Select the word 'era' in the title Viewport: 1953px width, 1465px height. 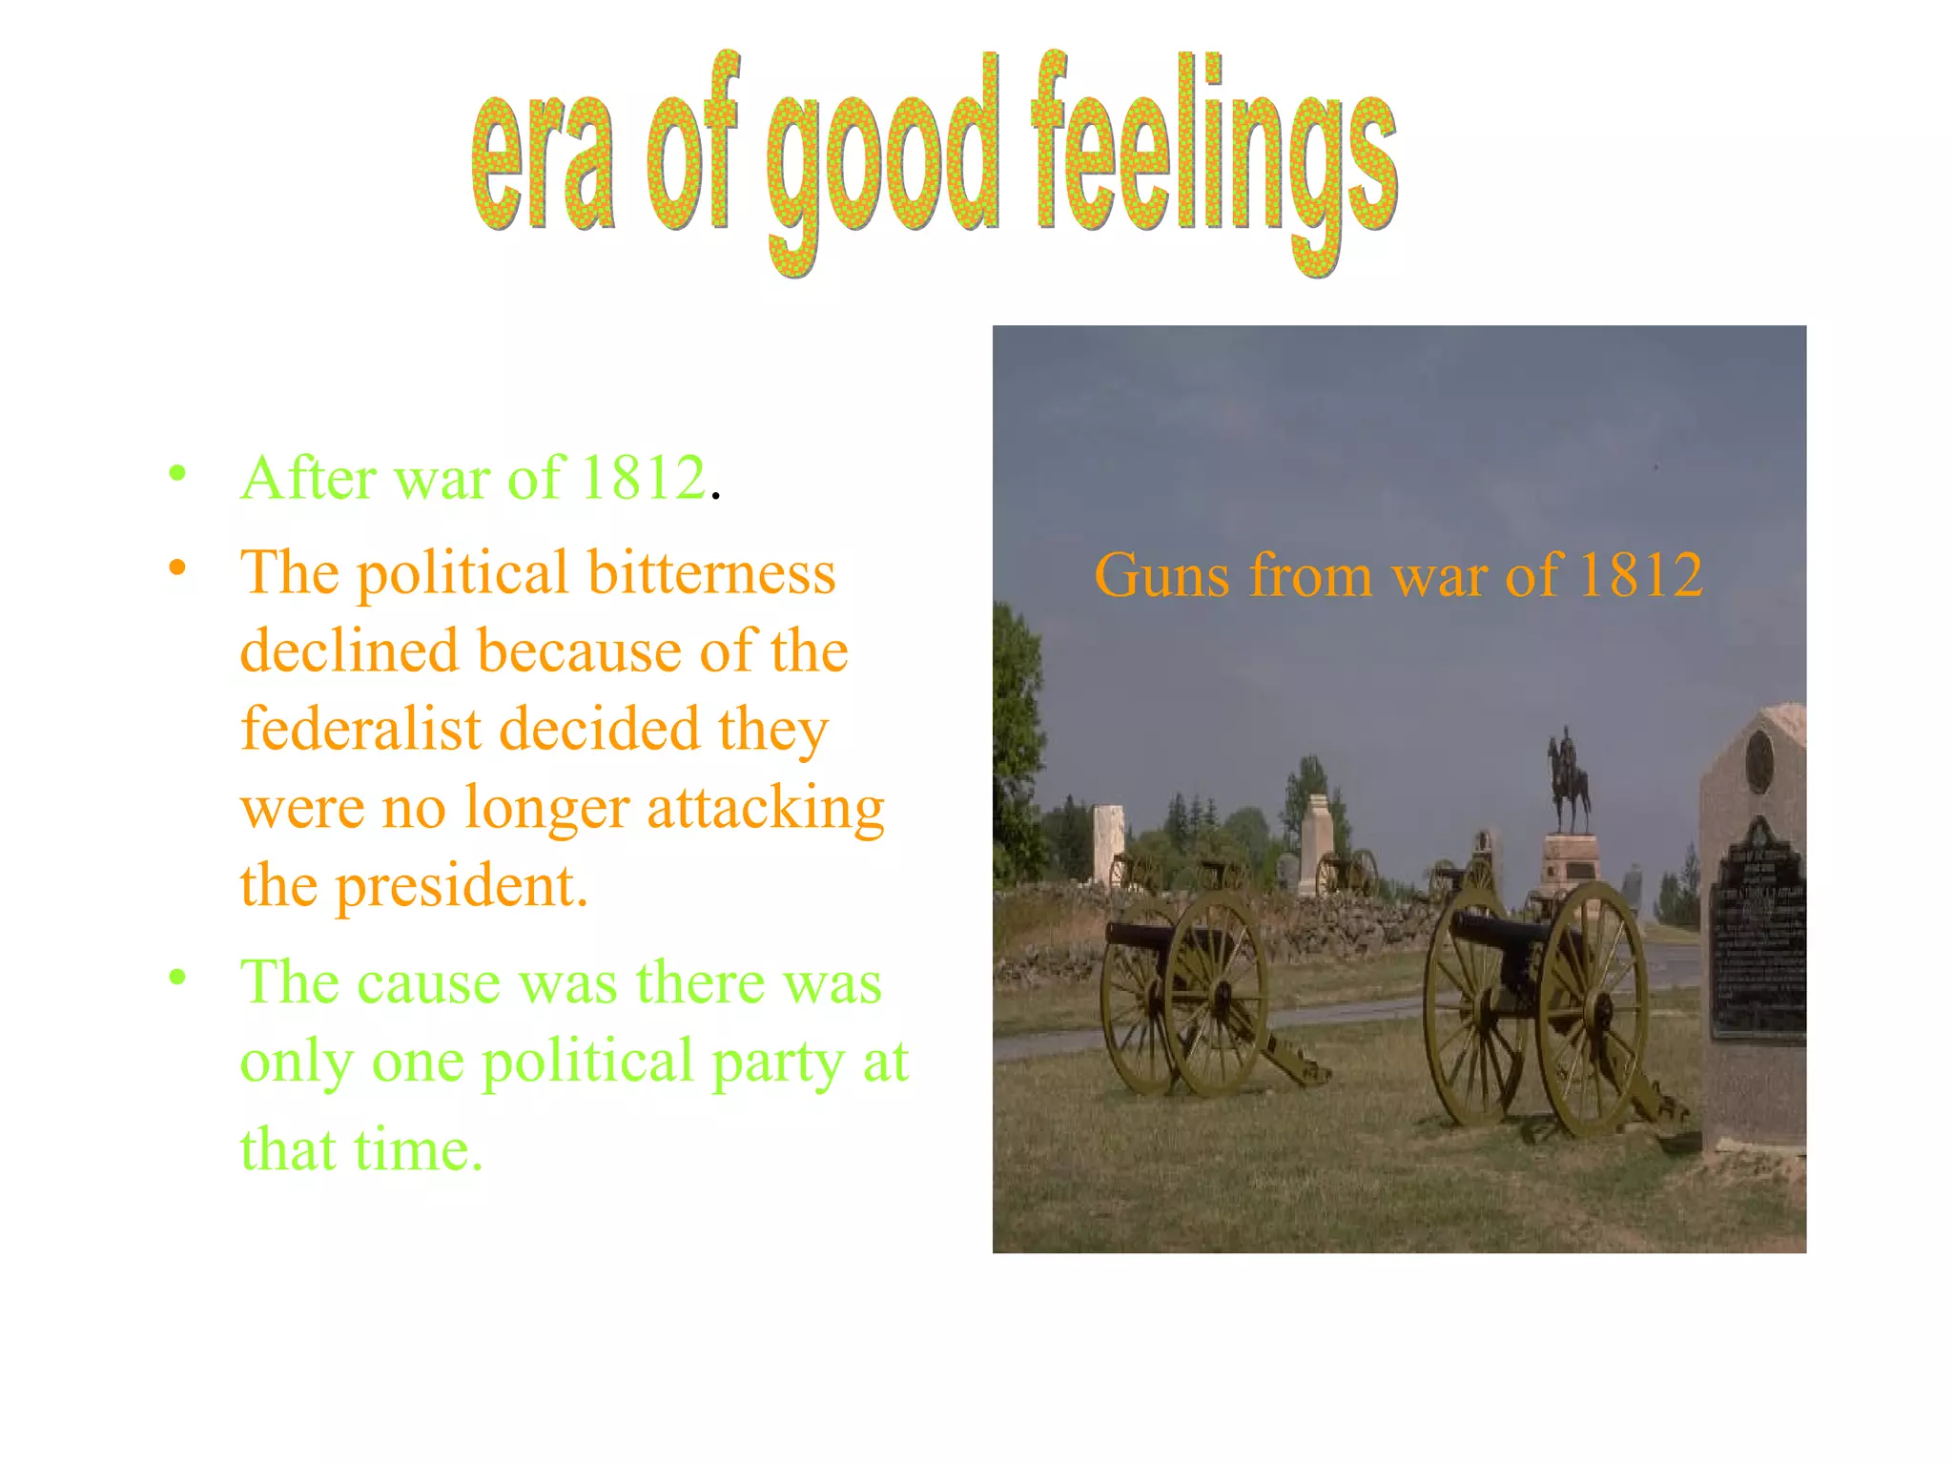543,162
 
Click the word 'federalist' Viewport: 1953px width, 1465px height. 360,729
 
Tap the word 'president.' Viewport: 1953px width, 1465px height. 462,887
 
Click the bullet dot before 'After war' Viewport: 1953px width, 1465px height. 177,473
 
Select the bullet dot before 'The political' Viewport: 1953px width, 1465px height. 177,568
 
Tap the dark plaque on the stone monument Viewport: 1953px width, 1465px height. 1757,944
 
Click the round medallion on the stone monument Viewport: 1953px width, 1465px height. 1759,761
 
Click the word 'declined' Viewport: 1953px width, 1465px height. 349,651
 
